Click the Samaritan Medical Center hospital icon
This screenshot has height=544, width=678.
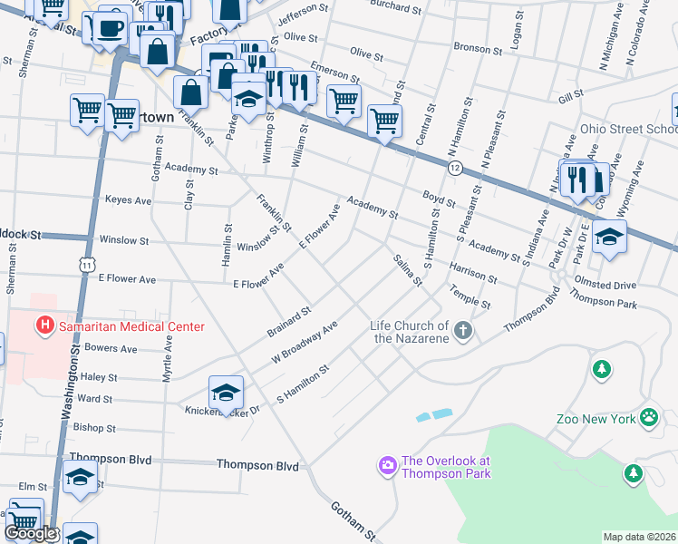pos(43,324)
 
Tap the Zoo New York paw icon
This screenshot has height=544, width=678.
pos(649,417)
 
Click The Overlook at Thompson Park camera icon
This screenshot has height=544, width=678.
pos(388,465)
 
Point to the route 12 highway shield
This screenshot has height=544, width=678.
pos(455,169)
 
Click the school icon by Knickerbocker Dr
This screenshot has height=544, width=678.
pos(226,391)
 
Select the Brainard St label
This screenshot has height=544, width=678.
pos(289,320)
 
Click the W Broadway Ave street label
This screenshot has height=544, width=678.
pos(305,342)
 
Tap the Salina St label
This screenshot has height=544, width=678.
pos(408,271)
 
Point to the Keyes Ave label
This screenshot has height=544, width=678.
pos(128,199)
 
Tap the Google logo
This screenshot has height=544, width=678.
pos(30,533)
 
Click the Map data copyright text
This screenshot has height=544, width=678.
pos(639,537)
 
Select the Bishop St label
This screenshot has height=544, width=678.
pos(95,427)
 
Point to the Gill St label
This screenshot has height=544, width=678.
pos(570,95)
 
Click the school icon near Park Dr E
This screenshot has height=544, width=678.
pos(609,236)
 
